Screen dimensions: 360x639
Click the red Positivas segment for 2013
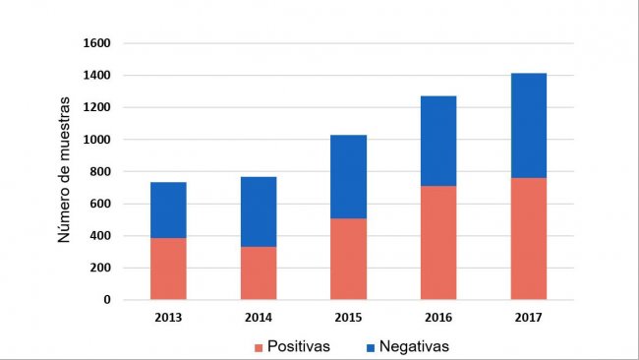[x=168, y=269]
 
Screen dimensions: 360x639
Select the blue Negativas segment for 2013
[x=168, y=210]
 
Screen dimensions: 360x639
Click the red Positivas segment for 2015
[x=348, y=259]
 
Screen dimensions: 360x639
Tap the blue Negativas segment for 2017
[x=529, y=125]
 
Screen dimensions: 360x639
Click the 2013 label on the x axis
[x=168, y=317]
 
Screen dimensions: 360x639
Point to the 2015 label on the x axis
[x=348, y=317]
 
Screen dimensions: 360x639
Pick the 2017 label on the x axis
[x=529, y=317]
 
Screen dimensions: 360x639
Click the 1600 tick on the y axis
[x=98, y=43]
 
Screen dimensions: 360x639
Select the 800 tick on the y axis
[x=101, y=172]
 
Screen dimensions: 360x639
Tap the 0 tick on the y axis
[x=107, y=300]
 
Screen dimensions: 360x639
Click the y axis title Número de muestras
[x=64, y=169]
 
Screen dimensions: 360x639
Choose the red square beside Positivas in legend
[x=259, y=347]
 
